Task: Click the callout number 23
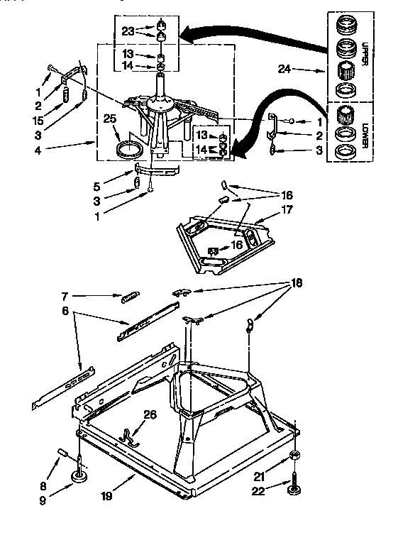pos(127,31)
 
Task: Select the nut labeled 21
pos(294,454)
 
